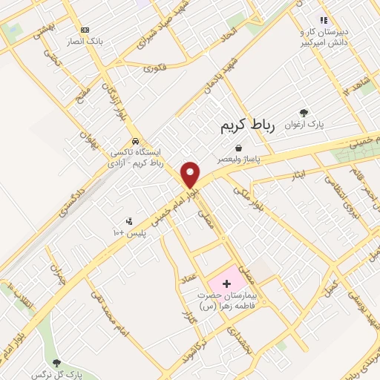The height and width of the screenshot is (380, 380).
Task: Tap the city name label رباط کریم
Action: pyautogui.click(x=247, y=126)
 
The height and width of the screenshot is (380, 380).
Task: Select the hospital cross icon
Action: pyautogui.click(x=226, y=283)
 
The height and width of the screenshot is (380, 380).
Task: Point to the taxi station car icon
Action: pyautogui.click(x=134, y=141)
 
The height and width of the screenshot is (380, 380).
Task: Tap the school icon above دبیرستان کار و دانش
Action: pyautogui.click(x=323, y=19)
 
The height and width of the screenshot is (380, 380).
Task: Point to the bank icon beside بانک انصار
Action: pyautogui.click(x=85, y=30)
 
